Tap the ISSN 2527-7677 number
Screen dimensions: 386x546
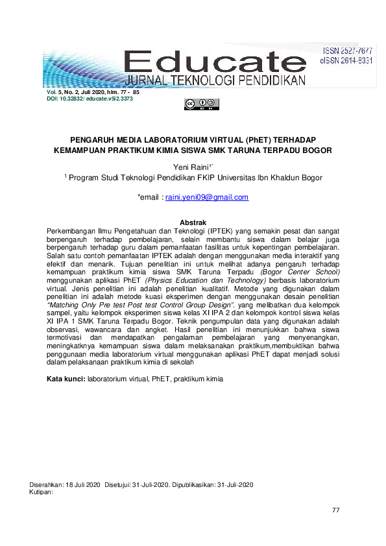(x=348, y=51)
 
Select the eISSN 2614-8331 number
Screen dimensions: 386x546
(x=348, y=60)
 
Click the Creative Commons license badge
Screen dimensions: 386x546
(x=202, y=104)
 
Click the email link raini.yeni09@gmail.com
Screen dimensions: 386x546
(x=207, y=197)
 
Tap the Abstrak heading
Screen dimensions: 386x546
(x=193, y=222)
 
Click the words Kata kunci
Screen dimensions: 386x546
(x=66, y=377)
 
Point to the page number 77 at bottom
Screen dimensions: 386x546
(x=335, y=510)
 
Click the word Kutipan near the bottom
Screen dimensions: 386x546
(x=41, y=492)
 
